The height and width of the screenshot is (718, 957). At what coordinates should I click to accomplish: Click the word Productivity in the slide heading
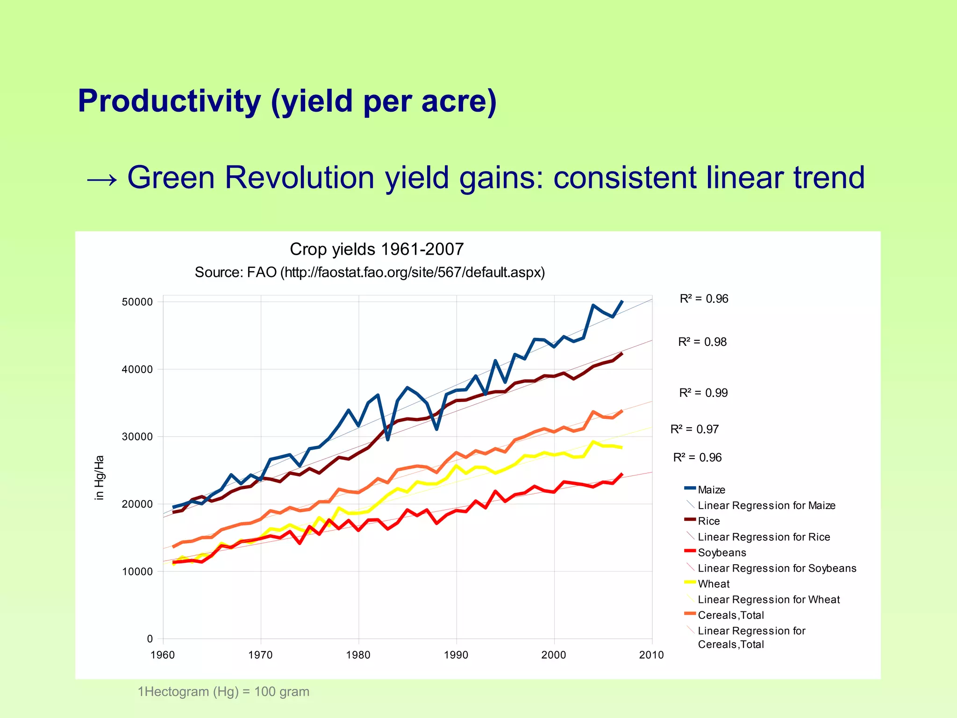pos(169,101)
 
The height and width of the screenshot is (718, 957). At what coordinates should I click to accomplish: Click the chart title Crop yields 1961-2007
pos(377,249)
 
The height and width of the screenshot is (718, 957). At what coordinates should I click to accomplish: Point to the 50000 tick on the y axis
pos(137,302)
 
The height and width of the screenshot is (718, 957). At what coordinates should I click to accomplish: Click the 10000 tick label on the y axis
pos(137,572)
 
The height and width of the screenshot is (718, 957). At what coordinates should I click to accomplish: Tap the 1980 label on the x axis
pos(358,655)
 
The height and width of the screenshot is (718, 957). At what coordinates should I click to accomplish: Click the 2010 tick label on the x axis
pos(651,655)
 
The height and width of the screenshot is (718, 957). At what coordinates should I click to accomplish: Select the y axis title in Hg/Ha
pos(99,478)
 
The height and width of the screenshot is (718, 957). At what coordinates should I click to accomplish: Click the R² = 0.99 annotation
pos(703,393)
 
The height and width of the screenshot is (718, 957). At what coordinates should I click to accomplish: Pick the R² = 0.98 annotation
pos(702,342)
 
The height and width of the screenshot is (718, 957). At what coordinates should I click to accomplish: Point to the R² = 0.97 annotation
pos(694,429)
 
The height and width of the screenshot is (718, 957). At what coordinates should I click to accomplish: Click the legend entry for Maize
pos(711,490)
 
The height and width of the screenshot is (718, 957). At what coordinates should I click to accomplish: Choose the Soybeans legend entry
pos(721,553)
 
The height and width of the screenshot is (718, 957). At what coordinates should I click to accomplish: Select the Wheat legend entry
pos(713,584)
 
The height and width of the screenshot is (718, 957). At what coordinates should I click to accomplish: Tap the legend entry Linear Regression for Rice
pos(764,537)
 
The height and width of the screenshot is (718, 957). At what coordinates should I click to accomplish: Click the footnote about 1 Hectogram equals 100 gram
pos(223,691)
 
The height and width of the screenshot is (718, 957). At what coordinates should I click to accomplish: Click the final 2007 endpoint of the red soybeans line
pos(621,474)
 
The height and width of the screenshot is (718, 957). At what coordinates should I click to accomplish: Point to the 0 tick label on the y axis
pos(150,639)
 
